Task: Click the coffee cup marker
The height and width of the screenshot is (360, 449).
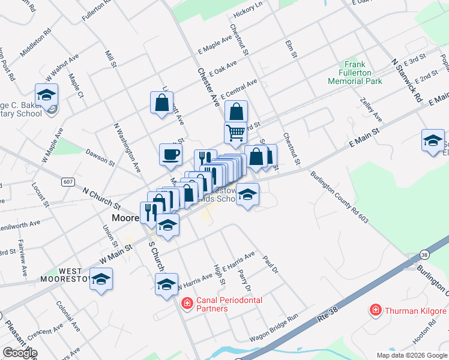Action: (x=170, y=154)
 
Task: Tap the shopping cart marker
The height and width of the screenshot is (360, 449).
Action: (x=235, y=133)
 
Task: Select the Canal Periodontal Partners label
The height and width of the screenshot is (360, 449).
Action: (x=212, y=304)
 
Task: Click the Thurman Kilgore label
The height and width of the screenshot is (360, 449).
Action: (x=415, y=311)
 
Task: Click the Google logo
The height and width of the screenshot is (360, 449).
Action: (x=20, y=353)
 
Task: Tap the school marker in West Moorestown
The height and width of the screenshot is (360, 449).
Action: (x=101, y=280)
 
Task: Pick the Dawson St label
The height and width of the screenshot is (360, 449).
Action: (x=99, y=157)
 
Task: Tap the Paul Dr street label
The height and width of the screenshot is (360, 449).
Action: (x=271, y=265)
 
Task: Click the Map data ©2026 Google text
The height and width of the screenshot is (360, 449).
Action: (x=411, y=355)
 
